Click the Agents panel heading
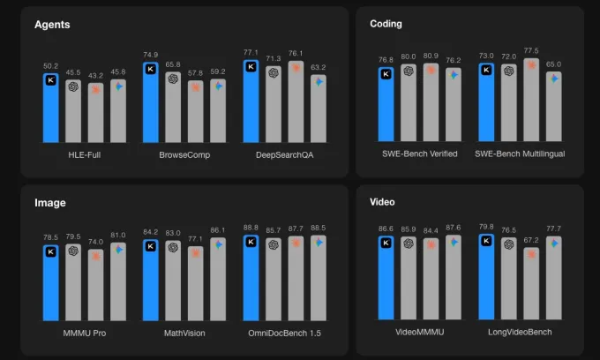52,25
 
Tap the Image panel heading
50,203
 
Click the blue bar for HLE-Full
50,108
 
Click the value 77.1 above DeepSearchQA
251,53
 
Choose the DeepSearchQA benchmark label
284,154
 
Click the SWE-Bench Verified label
419,154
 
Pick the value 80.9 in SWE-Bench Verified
431,56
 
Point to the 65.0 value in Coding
553,64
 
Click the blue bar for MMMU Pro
50,282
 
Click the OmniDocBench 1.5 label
284,334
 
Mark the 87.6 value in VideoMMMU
454,228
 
